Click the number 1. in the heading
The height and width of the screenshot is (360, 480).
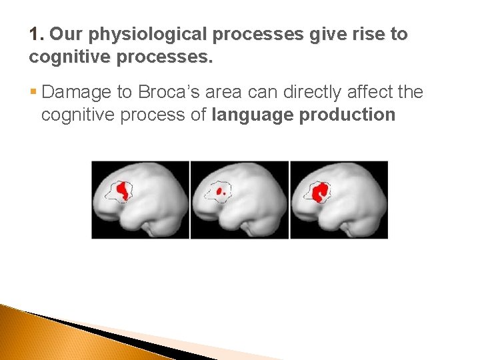(37, 35)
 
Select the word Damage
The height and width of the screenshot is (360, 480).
(77, 92)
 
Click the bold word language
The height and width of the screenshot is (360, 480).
(253, 115)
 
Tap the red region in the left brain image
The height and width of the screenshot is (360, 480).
(123, 191)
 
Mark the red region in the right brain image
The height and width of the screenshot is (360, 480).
(321, 192)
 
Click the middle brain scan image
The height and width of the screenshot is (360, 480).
(239, 199)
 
